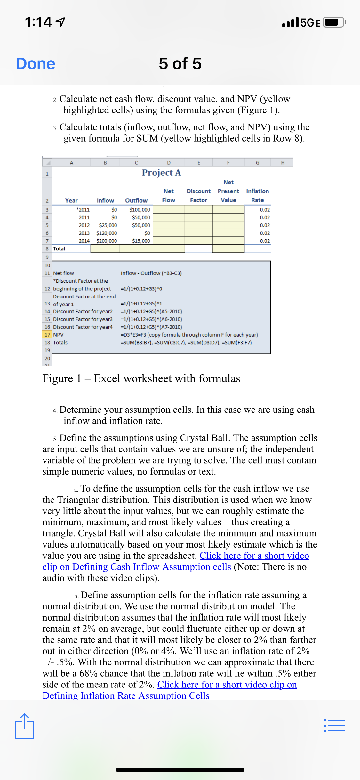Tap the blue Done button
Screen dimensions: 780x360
point(36,64)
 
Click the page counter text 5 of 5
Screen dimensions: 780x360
point(180,64)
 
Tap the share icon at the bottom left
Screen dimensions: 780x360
point(24,726)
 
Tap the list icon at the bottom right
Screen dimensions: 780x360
point(334,726)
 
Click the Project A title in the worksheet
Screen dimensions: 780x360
point(161,173)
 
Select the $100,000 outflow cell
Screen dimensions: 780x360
point(140,210)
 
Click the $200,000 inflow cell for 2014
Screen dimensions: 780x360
point(107,241)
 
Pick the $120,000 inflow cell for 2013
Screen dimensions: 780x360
point(107,233)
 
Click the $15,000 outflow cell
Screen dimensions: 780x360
point(141,241)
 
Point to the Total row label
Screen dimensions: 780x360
point(59,248)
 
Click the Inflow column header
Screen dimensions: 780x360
point(105,200)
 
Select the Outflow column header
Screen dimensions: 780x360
point(136,200)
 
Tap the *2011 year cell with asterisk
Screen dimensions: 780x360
point(83,210)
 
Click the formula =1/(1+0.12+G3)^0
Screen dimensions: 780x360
point(141,289)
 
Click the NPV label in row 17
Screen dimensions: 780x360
point(58,335)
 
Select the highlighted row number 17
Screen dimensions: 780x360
point(47,335)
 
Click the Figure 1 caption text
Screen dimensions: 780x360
point(141,378)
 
